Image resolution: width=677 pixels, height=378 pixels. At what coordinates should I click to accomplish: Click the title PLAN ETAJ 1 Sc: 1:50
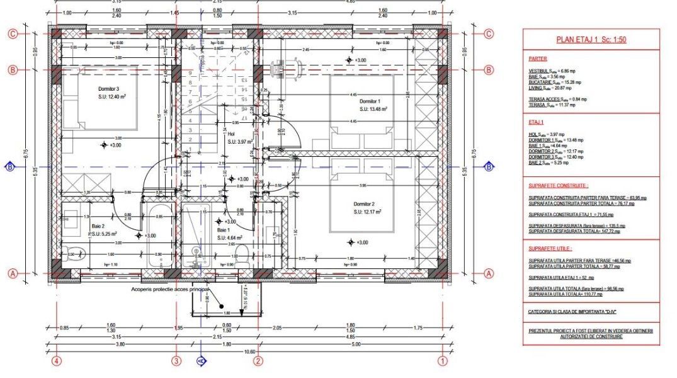[591, 39]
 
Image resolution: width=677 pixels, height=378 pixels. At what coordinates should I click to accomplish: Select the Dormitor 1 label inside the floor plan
[370, 101]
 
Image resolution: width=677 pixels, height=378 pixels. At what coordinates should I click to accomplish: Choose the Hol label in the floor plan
[231, 134]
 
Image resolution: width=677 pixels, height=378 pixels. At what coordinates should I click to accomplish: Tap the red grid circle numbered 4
[57, 361]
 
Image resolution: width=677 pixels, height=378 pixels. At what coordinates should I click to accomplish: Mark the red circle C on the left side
[12, 34]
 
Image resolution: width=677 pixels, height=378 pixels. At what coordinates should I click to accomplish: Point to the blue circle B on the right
[489, 167]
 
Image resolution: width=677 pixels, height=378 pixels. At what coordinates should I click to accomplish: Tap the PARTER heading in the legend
[538, 59]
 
